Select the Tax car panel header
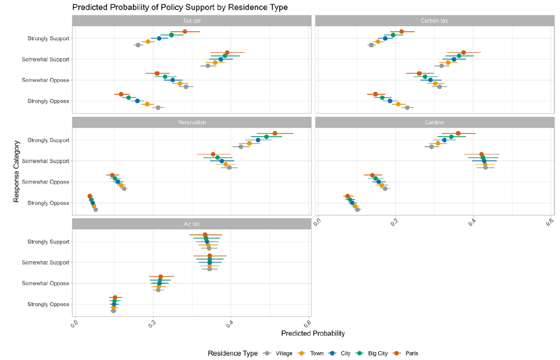tap(191, 21)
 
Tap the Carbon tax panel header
tap(434, 21)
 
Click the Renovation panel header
tap(191, 123)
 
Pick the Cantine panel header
tap(434, 123)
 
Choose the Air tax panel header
tap(191, 224)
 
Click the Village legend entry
tap(282, 353)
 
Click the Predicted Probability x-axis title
tap(313, 334)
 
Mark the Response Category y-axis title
tap(17, 171)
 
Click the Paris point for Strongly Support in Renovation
tap(275, 133)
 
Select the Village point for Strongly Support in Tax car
tap(138, 45)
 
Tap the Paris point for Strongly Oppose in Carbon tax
tap(375, 94)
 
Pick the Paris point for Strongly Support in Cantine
tap(458, 133)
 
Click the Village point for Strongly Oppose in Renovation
tap(95, 209)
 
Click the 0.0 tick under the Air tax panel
tap(74, 324)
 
